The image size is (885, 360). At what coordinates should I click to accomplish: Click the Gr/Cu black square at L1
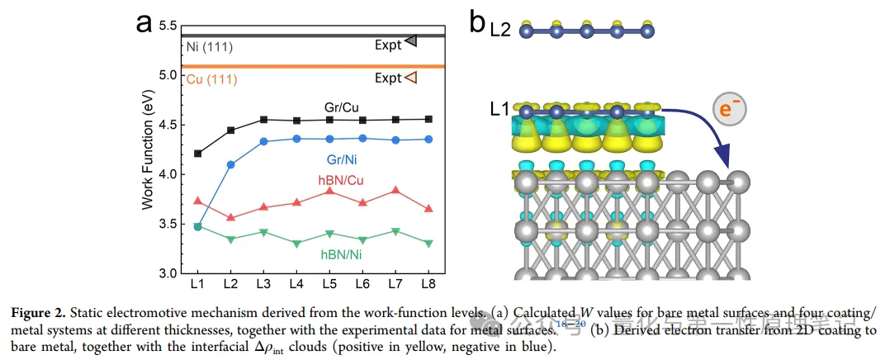coord(196,154)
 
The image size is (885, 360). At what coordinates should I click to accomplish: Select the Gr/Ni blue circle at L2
coord(231,164)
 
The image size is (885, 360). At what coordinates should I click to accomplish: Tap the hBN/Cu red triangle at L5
coord(329,191)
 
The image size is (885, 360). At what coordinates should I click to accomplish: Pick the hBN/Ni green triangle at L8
coord(428,243)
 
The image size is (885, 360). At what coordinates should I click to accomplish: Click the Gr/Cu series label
coord(339,107)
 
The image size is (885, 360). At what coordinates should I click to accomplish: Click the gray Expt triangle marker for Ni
coord(410,40)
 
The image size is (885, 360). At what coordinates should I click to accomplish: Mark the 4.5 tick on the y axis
coord(168,125)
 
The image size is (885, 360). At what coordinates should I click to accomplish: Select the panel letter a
coord(146,22)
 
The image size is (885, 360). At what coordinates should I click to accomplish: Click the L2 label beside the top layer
coord(499,30)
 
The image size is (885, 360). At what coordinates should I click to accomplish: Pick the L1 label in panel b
coord(499,108)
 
